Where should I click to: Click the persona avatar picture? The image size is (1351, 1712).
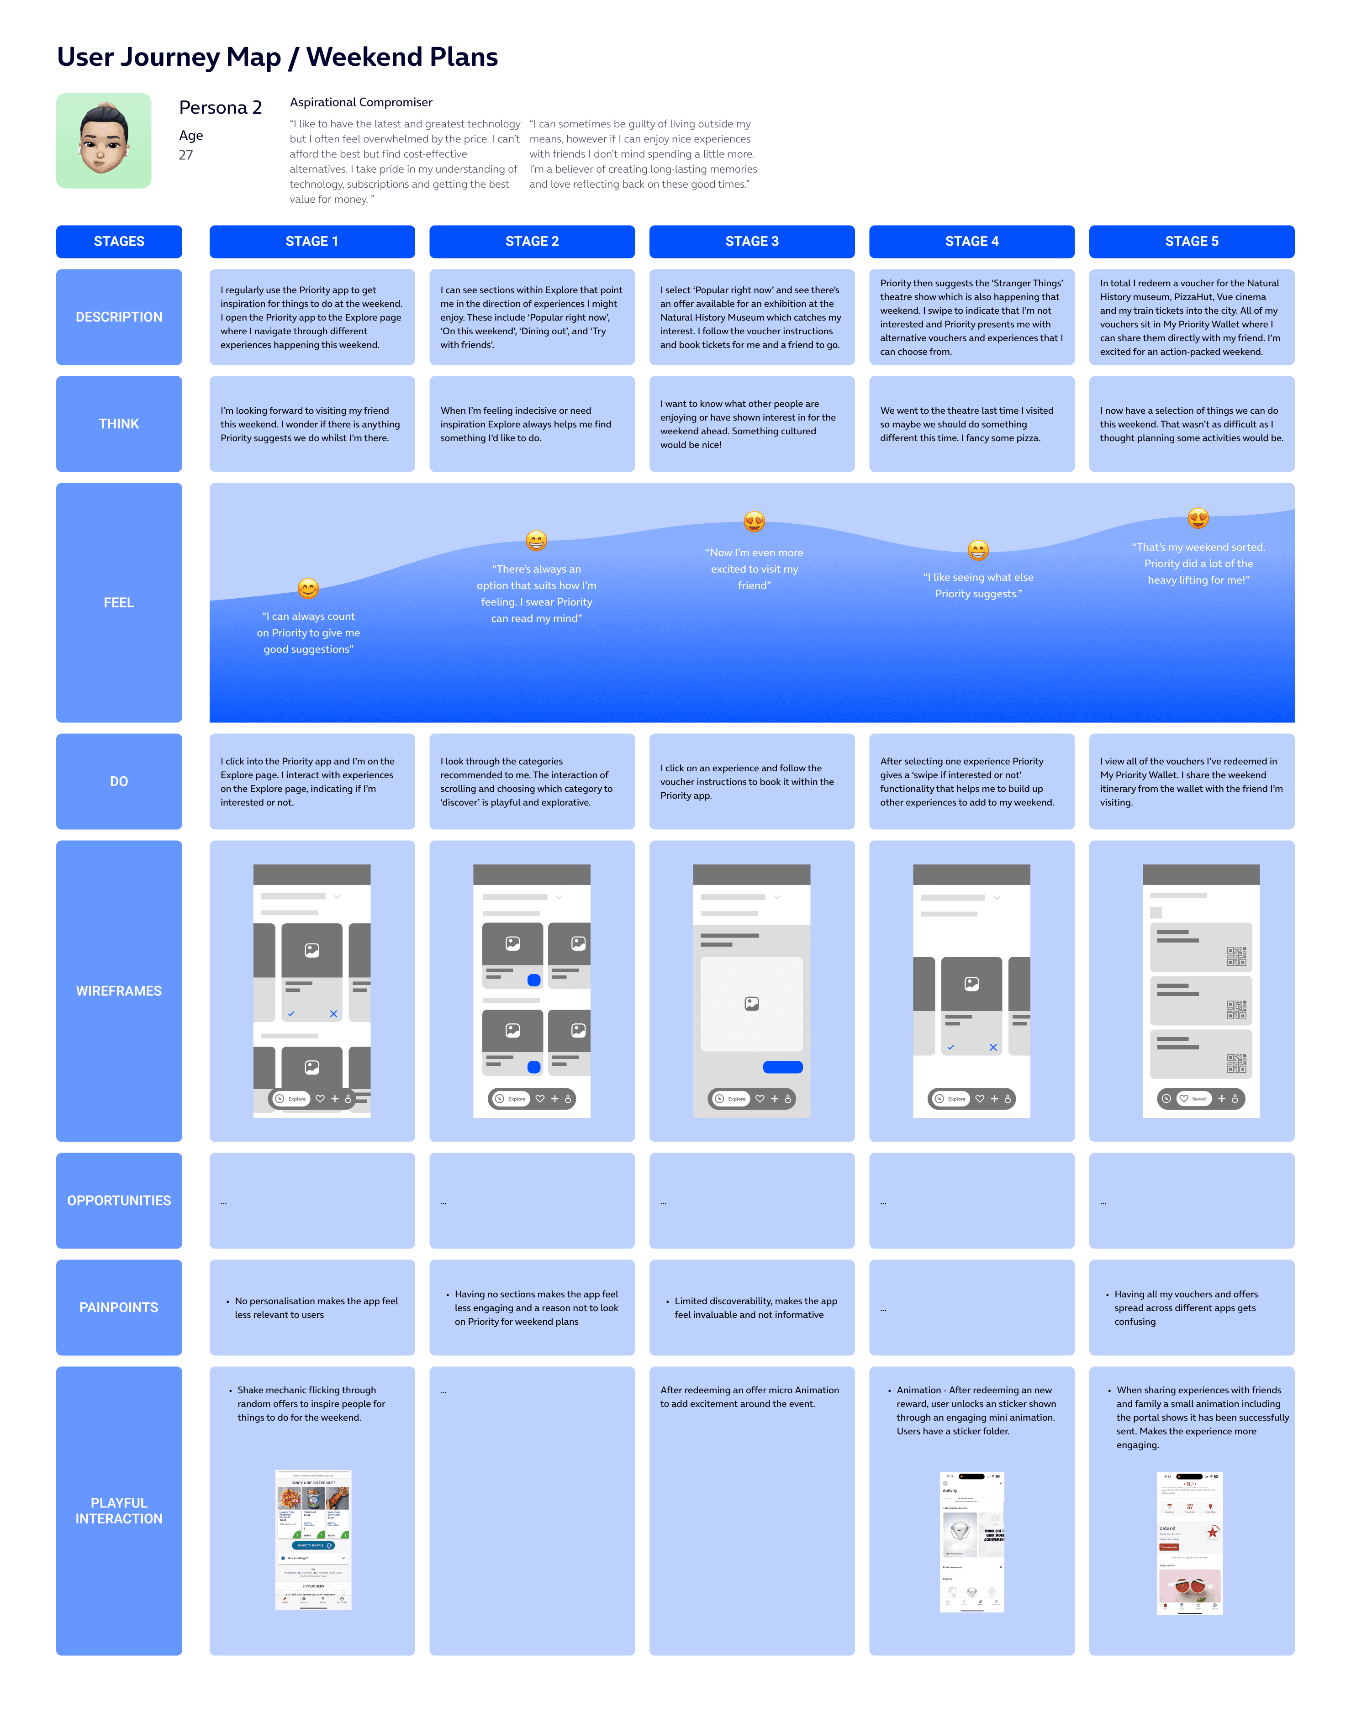pyautogui.click(x=104, y=141)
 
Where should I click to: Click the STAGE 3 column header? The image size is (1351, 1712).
pyautogui.click(x=751, y=241)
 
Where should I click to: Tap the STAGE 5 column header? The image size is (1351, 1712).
pyautogui.click(x=1191, y=241)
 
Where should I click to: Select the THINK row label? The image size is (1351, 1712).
pyautogui.click(x=119, y=424)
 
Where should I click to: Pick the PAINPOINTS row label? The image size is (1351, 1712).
pyautogui.click(x=119, y=1307)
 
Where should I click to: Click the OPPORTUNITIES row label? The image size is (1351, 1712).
pyautogui.click(x=119, y=1201)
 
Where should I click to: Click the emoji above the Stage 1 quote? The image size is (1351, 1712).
pyautogui.click(x=308, y=588)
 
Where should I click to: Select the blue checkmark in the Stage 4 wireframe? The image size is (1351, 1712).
pyautogui.click(x=951, y=1047)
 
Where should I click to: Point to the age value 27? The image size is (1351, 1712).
pyautogui.click(x=186, y=155)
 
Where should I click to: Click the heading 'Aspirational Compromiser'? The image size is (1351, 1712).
pyautogui.click(x=361, y=102)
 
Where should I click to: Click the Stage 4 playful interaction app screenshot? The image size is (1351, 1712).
pyautogui.click(x=972, y=1541)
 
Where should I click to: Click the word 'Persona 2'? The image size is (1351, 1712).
pyautogui.click(x=220, y=108)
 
